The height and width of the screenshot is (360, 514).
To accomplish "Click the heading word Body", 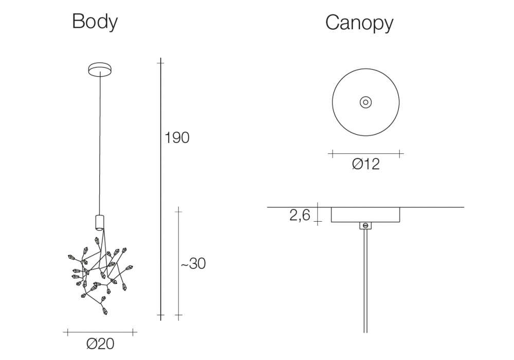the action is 95,22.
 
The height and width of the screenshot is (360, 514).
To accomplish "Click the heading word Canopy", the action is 359,23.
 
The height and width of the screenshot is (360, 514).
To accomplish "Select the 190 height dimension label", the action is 177,138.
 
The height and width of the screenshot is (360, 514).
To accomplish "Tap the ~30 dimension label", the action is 193,264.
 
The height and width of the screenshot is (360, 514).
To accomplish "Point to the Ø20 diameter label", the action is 100,344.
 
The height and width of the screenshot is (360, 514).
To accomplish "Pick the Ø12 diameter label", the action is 366,164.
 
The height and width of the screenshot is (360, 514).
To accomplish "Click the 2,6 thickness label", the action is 300,215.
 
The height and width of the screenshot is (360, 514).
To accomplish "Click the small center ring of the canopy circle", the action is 365,102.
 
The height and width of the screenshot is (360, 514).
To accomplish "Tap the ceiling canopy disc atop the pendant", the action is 100,69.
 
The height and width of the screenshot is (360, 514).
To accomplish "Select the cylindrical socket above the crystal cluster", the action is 100,222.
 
